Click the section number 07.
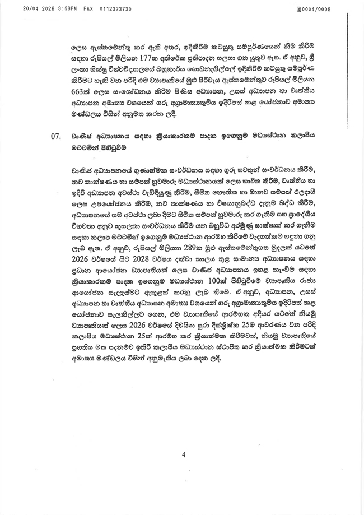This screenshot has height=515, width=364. [x=55, y=151]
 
